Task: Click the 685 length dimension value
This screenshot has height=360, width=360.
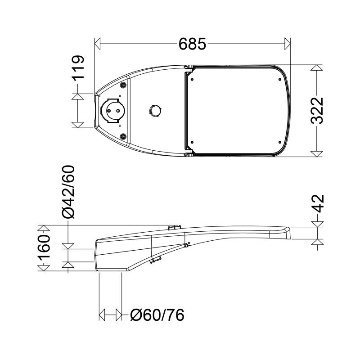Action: pos(192,44)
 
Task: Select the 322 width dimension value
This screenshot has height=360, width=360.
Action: pos(317,111)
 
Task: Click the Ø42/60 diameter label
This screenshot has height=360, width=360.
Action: pos(68,192)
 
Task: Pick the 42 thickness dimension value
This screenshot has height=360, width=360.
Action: pos(318,204)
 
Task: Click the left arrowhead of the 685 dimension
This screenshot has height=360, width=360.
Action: pos(98,44)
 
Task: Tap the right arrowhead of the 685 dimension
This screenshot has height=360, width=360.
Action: pos(288,44)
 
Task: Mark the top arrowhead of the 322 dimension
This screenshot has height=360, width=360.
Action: pos(317,68)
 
